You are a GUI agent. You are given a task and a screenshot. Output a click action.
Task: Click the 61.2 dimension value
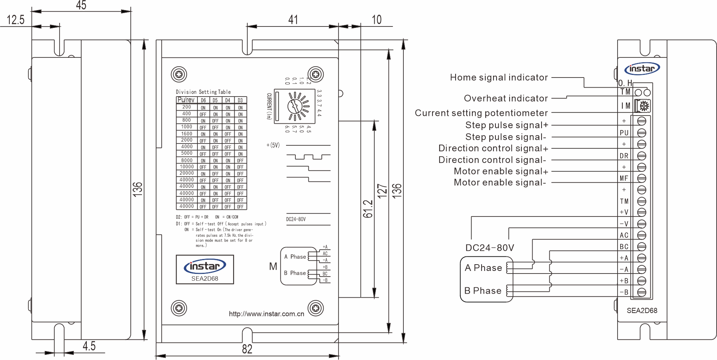coord(368,209)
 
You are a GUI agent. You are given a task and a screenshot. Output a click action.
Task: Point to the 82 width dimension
coord(247,349)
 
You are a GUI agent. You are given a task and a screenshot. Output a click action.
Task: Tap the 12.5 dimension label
coord(16,20)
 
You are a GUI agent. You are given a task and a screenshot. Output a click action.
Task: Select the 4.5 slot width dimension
coord(89,346)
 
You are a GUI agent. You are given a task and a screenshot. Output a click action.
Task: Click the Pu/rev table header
coord(186,100)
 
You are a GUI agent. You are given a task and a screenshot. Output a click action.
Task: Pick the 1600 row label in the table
coord(187,134)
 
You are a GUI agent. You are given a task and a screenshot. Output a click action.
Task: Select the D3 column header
coord(240,100)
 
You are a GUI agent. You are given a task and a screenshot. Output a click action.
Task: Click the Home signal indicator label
coord(499,78)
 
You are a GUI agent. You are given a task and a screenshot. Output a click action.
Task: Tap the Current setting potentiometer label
coord(481,113)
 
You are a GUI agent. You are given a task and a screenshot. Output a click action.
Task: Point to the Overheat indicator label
coord(506,98)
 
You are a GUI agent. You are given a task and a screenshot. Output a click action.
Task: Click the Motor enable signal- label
coord(500,183)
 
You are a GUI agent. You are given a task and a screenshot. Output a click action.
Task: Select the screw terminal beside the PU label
coord(642,133)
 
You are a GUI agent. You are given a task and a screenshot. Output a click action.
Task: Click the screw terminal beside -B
coord(642,293)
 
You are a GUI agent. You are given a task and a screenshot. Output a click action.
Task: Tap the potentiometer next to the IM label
coord(643,106)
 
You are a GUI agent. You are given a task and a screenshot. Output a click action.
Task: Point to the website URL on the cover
coord(266,314)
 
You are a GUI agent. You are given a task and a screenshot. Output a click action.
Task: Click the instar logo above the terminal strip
coord(642,69)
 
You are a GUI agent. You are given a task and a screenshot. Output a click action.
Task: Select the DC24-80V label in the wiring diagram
coord(489,248)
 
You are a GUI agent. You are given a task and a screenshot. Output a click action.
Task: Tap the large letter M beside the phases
coord(273,266)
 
